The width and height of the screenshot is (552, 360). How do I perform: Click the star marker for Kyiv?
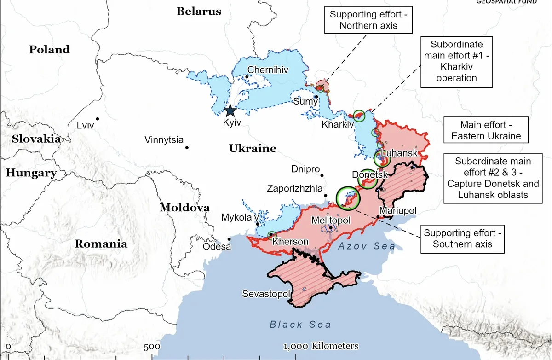[x=230, y=110]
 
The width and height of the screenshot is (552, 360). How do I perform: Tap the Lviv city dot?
[x=98, y=119]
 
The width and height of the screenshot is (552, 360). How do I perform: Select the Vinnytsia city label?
[x=164, y=139]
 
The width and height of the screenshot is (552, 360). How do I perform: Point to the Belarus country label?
[x=199, y=12]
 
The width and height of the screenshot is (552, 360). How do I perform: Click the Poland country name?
[x=49, y=49]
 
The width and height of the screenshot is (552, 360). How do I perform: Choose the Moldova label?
[x=184, y=208]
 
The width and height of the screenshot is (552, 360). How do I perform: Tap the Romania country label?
[x=101, y=244]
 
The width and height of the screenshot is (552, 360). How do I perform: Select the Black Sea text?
[x=300, y=325]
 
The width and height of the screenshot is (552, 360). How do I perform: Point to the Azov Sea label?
[x=366, y=246]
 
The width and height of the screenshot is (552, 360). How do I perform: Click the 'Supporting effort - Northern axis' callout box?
[x=368, y=20]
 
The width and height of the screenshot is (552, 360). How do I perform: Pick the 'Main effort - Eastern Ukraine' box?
[x=486, y=130]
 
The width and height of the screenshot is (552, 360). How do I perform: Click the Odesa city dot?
[x=230, y=238]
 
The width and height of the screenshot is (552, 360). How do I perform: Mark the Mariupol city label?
[x=398, y=210]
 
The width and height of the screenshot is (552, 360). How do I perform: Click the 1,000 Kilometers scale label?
[x=321, y=346]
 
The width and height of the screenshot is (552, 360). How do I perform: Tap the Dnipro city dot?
[x=322, y=175]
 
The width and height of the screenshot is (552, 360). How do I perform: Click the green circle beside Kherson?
[x=272, y=235]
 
